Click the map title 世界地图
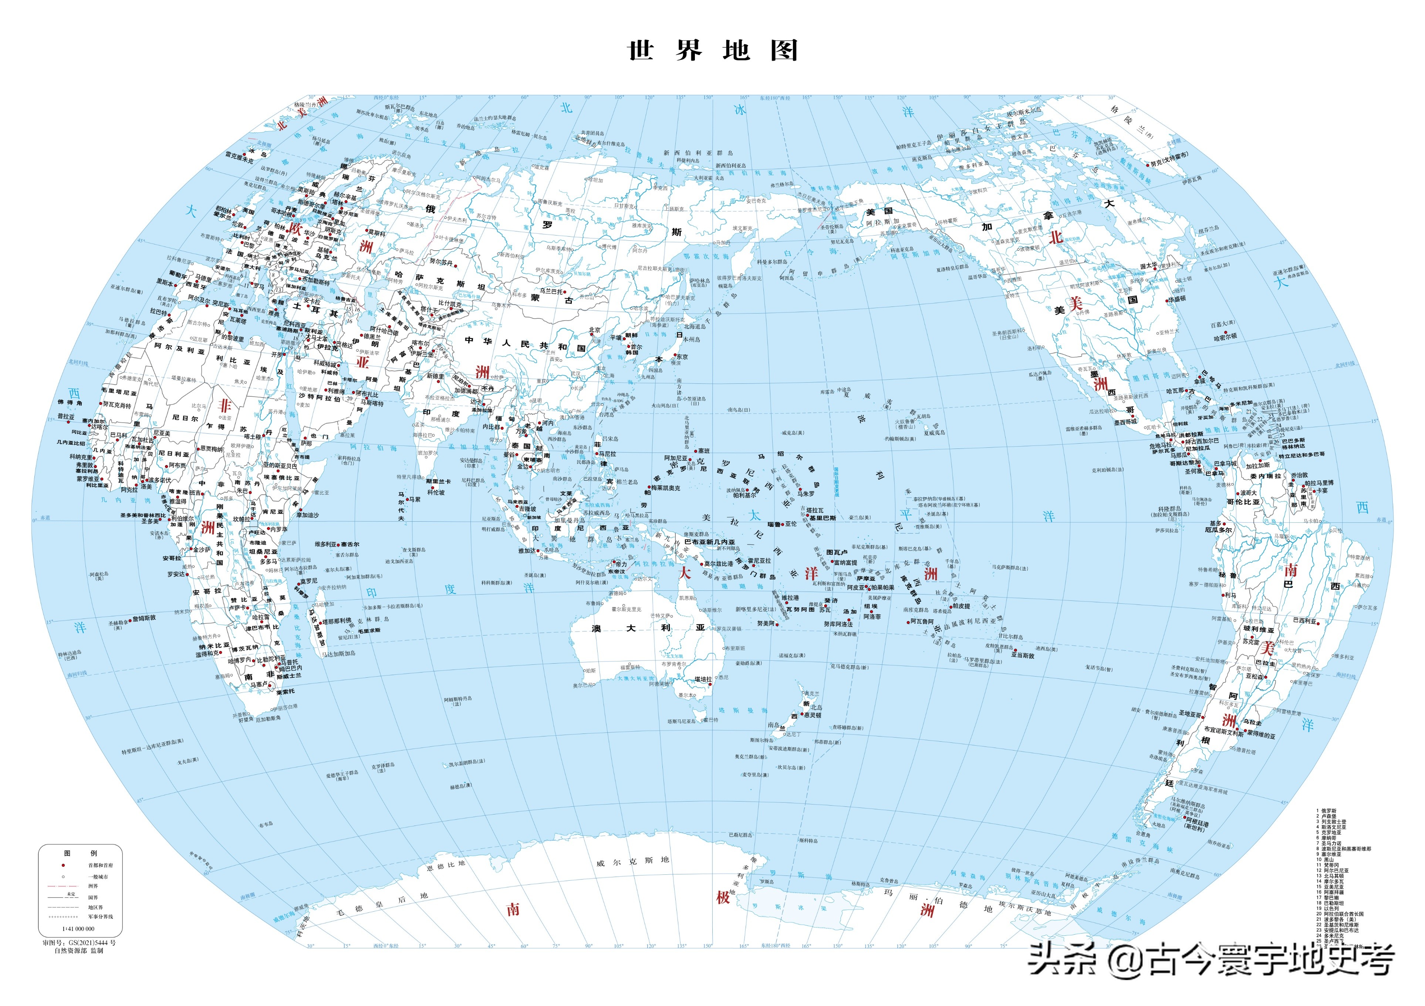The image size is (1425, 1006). pyautogui.click(x=712, y=51)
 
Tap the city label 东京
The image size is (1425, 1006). pyautogui.click(x=682, y=357)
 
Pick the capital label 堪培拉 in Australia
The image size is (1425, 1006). pyautogui.click(x=703, y=680)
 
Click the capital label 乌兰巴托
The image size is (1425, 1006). pyautogui.click(x=551, y=291)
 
